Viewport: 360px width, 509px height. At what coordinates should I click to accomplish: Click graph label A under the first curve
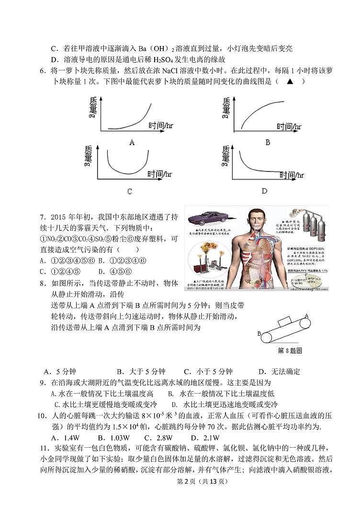(132, 142)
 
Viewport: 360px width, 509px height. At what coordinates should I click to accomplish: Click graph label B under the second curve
(268, 142)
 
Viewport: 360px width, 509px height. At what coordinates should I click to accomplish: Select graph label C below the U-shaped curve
(129, 192)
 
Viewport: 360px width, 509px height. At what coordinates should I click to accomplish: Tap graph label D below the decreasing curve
(264, 191)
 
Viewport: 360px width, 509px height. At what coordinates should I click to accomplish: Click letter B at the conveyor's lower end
(259, 333)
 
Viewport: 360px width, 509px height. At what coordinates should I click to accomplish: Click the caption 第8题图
(290, 351)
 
